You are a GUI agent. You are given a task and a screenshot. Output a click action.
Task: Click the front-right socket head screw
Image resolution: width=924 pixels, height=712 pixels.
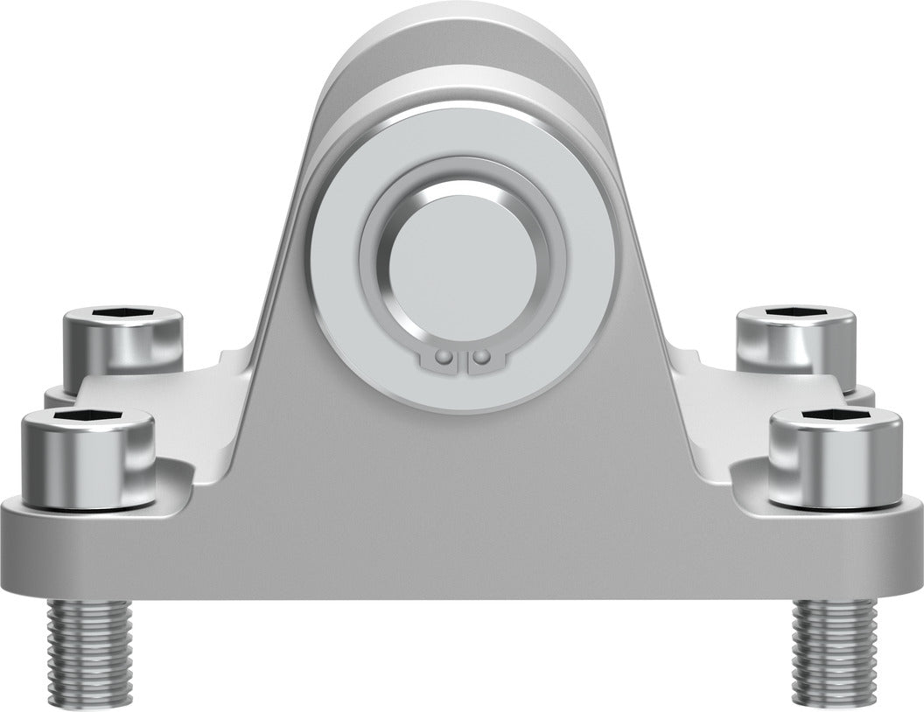835,459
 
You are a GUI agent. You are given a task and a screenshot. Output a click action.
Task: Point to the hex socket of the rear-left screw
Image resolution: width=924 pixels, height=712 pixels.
122,312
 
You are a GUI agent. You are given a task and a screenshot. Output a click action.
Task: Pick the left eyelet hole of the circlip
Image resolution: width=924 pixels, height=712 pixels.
446,357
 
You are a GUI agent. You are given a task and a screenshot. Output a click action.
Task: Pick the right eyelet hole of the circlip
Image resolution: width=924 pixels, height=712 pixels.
479,357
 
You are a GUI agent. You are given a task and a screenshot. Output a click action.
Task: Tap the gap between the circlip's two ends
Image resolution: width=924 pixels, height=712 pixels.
463,360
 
